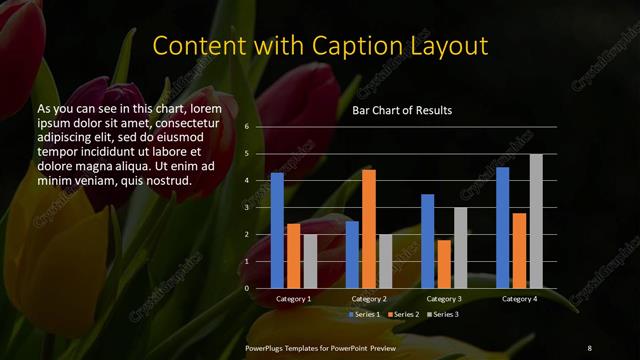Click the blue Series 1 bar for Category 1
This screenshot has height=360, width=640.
(x=277, y=230)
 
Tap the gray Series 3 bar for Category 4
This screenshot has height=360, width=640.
(x=536, y=221)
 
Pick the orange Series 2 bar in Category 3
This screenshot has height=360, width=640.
(x=444, y=264)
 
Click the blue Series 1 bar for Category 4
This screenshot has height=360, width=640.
(x=503, y=227)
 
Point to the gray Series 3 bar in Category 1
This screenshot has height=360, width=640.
(x=310, y=261)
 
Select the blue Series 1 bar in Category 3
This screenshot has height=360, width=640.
(x=428, y=241)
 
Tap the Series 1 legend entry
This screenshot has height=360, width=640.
(x=362, y=315)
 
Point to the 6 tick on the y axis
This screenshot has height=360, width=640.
(x=246, y=128)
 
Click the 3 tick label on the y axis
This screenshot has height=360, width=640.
(x=246, y=208)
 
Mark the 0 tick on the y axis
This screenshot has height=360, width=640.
(x=246, y=288)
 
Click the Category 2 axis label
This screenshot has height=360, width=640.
(x=369, y=299)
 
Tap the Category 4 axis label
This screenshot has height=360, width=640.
(x=519, y=299)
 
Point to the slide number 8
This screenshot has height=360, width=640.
(x=589, y=347)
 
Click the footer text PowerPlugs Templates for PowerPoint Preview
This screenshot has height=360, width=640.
(x=322, y=347)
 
